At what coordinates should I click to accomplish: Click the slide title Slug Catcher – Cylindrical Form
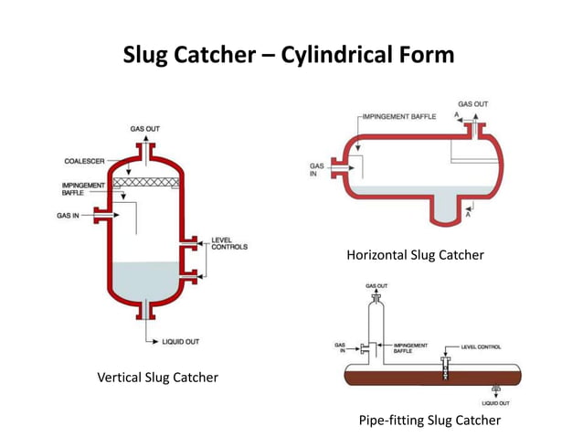coord(288,56)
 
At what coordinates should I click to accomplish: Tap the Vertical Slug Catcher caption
coord(157,377)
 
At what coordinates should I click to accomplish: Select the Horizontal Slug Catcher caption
coord(415,255)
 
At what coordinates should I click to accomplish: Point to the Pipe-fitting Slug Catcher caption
coord(430,420)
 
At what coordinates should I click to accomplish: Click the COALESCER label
coord(83,161)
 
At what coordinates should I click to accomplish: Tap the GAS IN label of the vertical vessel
coord(73,216)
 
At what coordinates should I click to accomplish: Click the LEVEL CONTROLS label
coord(228,243)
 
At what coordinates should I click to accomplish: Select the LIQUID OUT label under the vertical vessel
coord(182,342)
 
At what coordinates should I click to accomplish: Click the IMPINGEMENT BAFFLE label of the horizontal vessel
coord(398,117)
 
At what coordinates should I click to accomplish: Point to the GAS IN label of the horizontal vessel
coord(317,170)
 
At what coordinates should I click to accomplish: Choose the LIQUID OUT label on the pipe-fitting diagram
coord(495,402)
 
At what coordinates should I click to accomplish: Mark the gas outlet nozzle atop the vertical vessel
coord(148,147)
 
